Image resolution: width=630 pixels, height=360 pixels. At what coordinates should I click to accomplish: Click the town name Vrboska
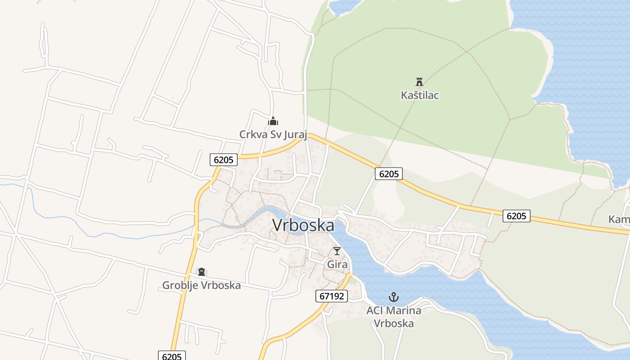point(303,225)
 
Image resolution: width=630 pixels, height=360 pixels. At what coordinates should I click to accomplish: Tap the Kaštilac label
point(419,95)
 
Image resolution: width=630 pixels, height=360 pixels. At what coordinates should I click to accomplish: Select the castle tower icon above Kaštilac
point(419,82)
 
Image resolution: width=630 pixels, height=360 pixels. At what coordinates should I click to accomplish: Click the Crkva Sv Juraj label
point(273,135)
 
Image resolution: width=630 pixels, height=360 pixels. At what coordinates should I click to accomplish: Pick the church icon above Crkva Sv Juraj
point(273,121)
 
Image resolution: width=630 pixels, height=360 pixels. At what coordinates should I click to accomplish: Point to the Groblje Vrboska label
point(201,285)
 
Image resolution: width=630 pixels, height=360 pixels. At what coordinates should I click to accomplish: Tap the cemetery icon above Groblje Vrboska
point(201,272)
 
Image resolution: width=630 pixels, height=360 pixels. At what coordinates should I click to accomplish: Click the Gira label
point(337,265)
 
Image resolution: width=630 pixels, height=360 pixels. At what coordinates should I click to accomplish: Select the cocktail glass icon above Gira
point(337,251)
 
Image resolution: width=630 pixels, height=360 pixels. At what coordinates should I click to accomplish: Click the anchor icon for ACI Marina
point(394,297)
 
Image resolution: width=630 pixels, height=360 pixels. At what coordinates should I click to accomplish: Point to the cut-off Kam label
point(619,220)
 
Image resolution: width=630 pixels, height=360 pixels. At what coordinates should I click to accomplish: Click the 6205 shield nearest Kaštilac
point(388,174)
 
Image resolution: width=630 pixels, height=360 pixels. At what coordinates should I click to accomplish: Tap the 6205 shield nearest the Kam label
point(516,216)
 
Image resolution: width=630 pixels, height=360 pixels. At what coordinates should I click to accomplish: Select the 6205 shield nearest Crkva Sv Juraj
point(224,160)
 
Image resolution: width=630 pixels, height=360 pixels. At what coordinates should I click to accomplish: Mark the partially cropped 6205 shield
point(171,356)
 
